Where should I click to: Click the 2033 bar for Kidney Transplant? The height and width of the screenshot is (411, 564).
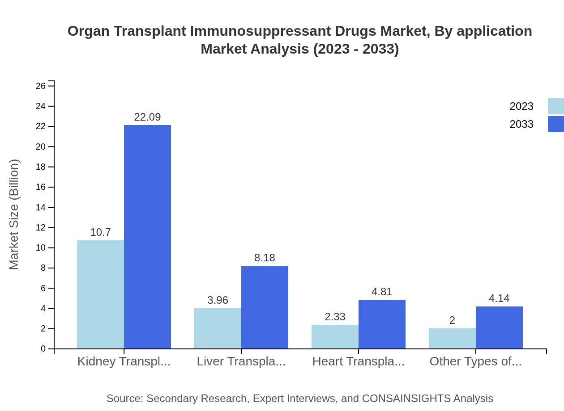[x=147, y=237]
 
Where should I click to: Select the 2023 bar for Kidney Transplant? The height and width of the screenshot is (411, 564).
[x=100, y=294]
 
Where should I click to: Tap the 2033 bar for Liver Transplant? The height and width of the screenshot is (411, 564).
[x=265, y=307]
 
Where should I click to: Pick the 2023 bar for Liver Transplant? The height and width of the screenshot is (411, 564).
[x=218, y=328]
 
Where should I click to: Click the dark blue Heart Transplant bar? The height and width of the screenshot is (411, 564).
[x=382, y=324]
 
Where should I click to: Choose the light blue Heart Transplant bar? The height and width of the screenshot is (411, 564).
[x=335, y=337]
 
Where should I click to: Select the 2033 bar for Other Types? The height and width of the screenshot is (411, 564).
[x=499, y=327]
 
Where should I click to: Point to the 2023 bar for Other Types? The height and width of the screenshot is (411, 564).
[x=452, y=339]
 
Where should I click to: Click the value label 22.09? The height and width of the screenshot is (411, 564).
[x=147, y=117]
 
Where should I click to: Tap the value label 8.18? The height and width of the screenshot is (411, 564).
[x=265, y=258]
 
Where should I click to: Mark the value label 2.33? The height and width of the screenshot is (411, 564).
[x=335, y=317]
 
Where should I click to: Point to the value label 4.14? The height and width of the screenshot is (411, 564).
[x=499, y=298]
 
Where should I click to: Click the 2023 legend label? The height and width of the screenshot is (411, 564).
[x=521, y=106]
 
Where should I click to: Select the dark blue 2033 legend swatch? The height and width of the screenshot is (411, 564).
[x=556, y=124]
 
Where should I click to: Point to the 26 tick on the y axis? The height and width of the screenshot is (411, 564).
[x=41, y=86]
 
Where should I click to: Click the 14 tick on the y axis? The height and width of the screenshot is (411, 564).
[x=41, y=207]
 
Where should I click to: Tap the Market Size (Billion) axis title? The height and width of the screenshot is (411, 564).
[x=14, y=214]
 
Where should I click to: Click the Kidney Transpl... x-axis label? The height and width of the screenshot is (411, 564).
[x=124, y=361]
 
